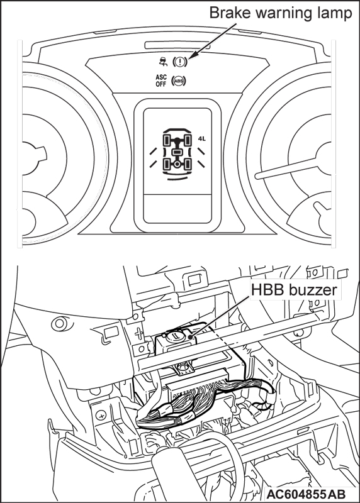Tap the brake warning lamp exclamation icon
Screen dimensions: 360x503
(x=179, y=61)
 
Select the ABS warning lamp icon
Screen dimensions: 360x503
(x=179, y=81)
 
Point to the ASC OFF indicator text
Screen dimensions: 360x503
(x=161, y=80)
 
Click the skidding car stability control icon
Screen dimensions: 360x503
(x=164, y=61)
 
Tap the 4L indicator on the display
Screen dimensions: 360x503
(x=201, y=138)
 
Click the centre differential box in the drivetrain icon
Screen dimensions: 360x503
(x=177, y=152)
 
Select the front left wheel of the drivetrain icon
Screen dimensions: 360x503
(x=167, y=140)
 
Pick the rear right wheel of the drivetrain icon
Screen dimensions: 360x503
(x=187, y=164)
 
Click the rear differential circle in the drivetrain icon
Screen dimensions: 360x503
(x=177, y=164)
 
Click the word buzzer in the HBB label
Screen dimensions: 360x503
(x=313, y=290)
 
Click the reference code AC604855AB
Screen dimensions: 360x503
(x=306, y=494)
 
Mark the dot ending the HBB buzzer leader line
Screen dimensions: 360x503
(x=191, y=337)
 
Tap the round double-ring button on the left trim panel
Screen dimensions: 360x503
(x=60, y=323)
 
